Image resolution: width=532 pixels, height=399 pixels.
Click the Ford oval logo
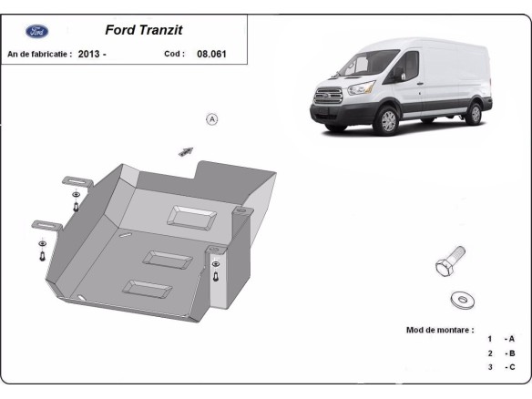[37, 31]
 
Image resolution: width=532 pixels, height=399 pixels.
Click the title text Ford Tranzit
[143, 30]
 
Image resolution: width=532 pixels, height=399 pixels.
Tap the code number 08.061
[211, 54]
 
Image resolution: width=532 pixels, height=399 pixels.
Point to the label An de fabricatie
[39, 54]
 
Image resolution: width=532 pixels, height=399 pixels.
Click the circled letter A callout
[212, 119]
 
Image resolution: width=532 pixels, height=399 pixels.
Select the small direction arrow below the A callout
[187, 150]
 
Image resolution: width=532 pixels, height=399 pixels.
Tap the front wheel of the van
[388, 120]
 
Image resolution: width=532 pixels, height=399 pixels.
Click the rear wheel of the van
[473, 112]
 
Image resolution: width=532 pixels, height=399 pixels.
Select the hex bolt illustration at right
[450, 264]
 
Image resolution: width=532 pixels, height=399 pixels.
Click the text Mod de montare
[439, 329]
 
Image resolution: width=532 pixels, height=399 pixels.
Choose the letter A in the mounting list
[511, 339]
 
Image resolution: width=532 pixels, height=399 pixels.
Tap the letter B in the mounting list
[511, 353]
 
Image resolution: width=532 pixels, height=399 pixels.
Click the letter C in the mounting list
[511, 366]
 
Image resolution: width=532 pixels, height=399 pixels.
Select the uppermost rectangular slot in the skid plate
[192, 217]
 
